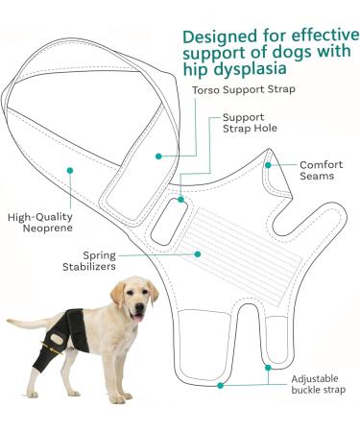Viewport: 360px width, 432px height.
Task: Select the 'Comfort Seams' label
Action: click(321, 171)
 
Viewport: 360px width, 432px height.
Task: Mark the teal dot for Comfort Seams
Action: click(270, 164)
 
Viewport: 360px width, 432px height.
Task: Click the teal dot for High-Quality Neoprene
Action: click(69, 170)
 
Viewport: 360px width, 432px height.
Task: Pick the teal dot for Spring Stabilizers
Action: click(196, 254)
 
